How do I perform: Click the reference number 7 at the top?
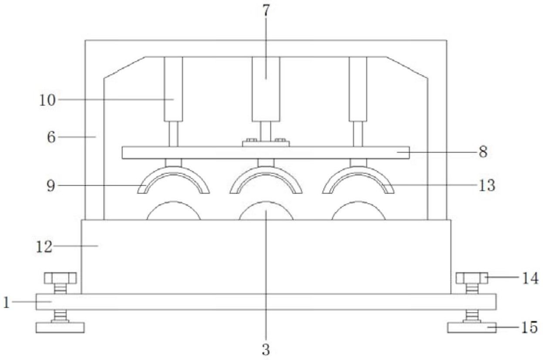pyautogui.click(x=266, y=10)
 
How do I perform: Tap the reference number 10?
pyautogui.click(x=47, y=100)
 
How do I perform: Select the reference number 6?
pyautogui.click(x=51, y=137)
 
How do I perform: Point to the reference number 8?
pyautogui.click(x=483, y=153)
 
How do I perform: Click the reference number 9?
pyautogui.click(x=51, y=186)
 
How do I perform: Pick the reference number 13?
pyautogui.click(x=486, y=186)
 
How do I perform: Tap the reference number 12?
pyautogui.click(x=44, y=247)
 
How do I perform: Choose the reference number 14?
pyautogui.click(x=530, y=278)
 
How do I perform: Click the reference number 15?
pyautogui.click(x=530, y=327)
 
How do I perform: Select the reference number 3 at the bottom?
pyautogui.click(x=266, y=350)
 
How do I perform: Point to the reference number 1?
pyautogui.click(x=7, y=302)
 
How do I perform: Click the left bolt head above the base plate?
pyautogui.click(x=60, y=278)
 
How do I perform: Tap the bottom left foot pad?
pyautogui.click(x=60, y=327)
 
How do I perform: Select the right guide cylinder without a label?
pyautogui.click(x=358, y=89)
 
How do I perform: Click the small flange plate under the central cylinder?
pyautogui.click(x=266, y=144)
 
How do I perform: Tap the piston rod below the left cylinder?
pyautogui.click(x=174, y=134)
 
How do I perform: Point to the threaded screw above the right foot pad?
pyautogui.click(x=472, y=316)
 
